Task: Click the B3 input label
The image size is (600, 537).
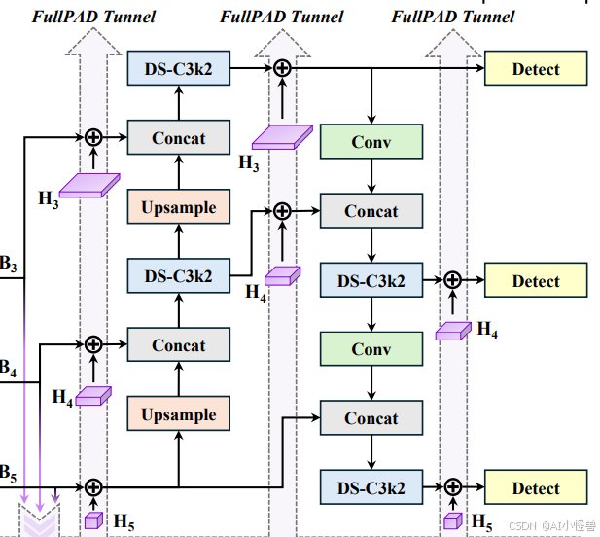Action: (8, 264)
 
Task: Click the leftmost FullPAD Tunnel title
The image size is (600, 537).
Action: (93, 17)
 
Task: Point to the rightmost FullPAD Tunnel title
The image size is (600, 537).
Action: (453, 17)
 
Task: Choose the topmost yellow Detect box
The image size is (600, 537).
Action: (536, 69)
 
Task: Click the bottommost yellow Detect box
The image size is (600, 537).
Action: (536, 488)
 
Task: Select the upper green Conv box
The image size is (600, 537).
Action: (371, 143)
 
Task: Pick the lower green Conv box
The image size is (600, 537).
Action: (371, 349)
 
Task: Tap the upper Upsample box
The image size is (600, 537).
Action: (179, 207)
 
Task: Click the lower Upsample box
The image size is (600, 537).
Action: (179, 414)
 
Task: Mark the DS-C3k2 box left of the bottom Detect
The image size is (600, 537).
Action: (371, 487)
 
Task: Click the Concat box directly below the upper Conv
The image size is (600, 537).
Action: (371, 211)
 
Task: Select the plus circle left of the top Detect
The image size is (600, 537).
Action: (282, 68)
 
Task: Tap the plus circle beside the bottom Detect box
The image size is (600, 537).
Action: (452, 487)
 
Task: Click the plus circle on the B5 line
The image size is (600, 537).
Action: (93, 487)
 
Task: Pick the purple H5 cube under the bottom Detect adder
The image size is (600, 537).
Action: (452, 520)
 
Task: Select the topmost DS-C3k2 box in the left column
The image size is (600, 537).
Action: (179, 69)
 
